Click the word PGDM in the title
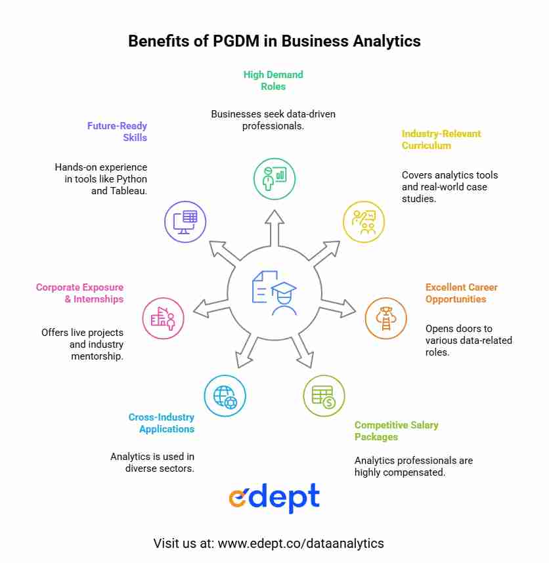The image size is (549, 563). point(236,41)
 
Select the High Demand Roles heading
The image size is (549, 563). point(273,81)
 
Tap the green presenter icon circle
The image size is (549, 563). point(274,179)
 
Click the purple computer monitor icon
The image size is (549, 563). point(185,222)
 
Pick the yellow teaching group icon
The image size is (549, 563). point(364,222)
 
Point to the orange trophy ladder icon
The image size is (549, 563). point(386,318)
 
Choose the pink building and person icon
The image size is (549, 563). point(163,318)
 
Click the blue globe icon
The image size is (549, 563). point(225,396)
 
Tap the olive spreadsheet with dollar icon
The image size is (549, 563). point(324,396)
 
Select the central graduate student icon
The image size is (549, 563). point(274,293)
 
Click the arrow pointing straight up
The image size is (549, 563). point(274,228)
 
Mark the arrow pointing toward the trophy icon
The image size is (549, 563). point(338,308)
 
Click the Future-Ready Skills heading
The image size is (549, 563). point(117,131)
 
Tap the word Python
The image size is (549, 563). point(131,179)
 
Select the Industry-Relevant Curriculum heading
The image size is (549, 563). point(441,139)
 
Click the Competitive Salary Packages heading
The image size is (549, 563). point(396,430)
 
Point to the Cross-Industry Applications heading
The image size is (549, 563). point(162,423)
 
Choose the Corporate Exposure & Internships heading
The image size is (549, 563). point(79,293)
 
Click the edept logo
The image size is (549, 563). point(274,497)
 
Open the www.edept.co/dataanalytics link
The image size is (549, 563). point(301,543)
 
